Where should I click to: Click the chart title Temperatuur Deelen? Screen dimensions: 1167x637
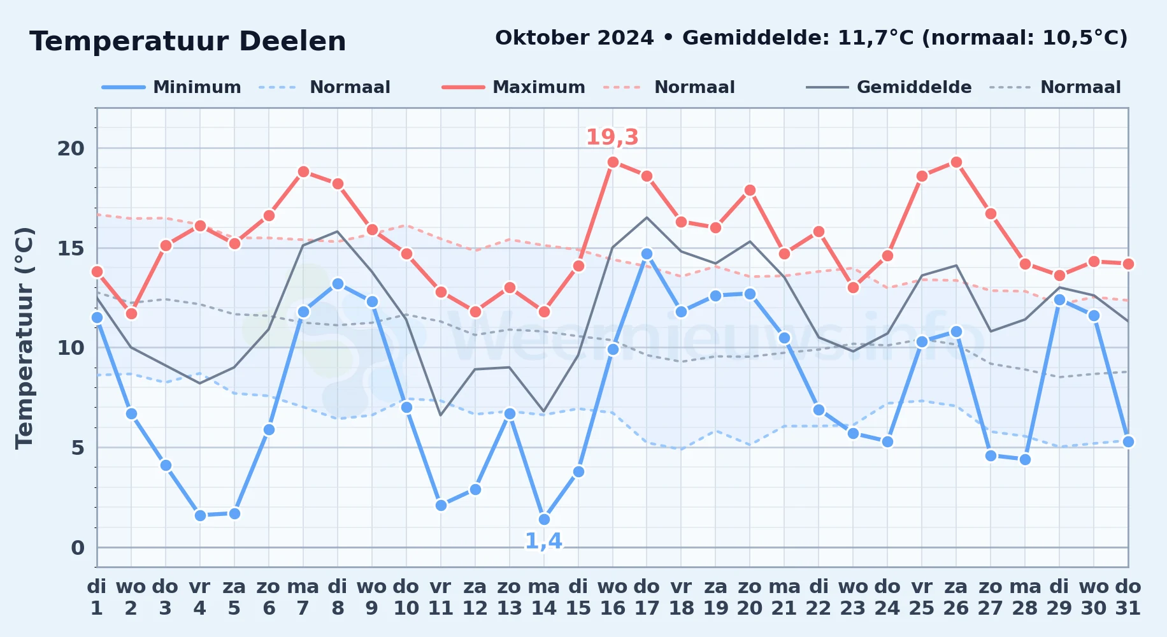[188, 41]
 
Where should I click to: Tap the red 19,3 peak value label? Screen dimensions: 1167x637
[612, 137]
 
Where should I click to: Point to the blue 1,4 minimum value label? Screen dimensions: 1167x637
[543, 541]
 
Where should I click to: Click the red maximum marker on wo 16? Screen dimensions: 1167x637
[613, 162]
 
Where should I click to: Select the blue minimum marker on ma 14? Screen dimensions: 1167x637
[544, 519]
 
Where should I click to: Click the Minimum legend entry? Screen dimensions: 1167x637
[171, 87]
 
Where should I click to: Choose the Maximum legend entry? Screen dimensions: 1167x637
[513, 87]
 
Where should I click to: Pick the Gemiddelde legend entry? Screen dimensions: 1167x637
[889, 87]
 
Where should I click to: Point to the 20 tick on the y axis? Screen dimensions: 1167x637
[71, 148]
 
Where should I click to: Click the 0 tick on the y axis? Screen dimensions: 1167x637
[78, 548]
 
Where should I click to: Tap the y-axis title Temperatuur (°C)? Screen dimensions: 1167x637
[24, 338]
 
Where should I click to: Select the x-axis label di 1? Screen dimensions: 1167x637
[97, 598]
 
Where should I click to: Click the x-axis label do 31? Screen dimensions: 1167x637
[1128, 598]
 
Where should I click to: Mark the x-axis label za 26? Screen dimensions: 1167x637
[956, 598]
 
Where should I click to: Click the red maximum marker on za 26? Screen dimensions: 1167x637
[956, 162]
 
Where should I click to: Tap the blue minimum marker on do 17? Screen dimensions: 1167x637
[647, 254]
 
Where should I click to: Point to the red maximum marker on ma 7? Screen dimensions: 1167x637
[303, 172]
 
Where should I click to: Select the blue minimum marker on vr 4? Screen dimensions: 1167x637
[200, 515]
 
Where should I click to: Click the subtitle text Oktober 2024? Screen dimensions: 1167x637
[575, 38]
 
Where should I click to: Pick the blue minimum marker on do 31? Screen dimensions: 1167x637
[1128, 441]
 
